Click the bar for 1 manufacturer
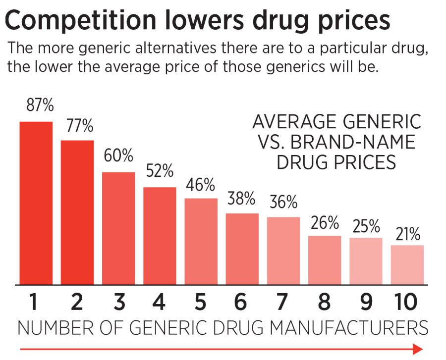tap(36, 203)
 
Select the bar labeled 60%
tap(118, 228)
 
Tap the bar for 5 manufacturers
tap(201, 241)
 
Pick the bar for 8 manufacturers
tap(325, 260)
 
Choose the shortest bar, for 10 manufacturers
tap(407, 264)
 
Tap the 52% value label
tap(160, 172)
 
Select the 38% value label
tap(241, 199)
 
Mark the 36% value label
tap(283, 202)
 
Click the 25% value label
tap(366, 226)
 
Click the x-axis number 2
tap(77, 302)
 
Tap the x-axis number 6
tap(241, 302)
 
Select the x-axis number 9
tap(366, 302)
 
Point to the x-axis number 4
tap(159, 302)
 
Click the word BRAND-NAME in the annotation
tap(352, 143)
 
